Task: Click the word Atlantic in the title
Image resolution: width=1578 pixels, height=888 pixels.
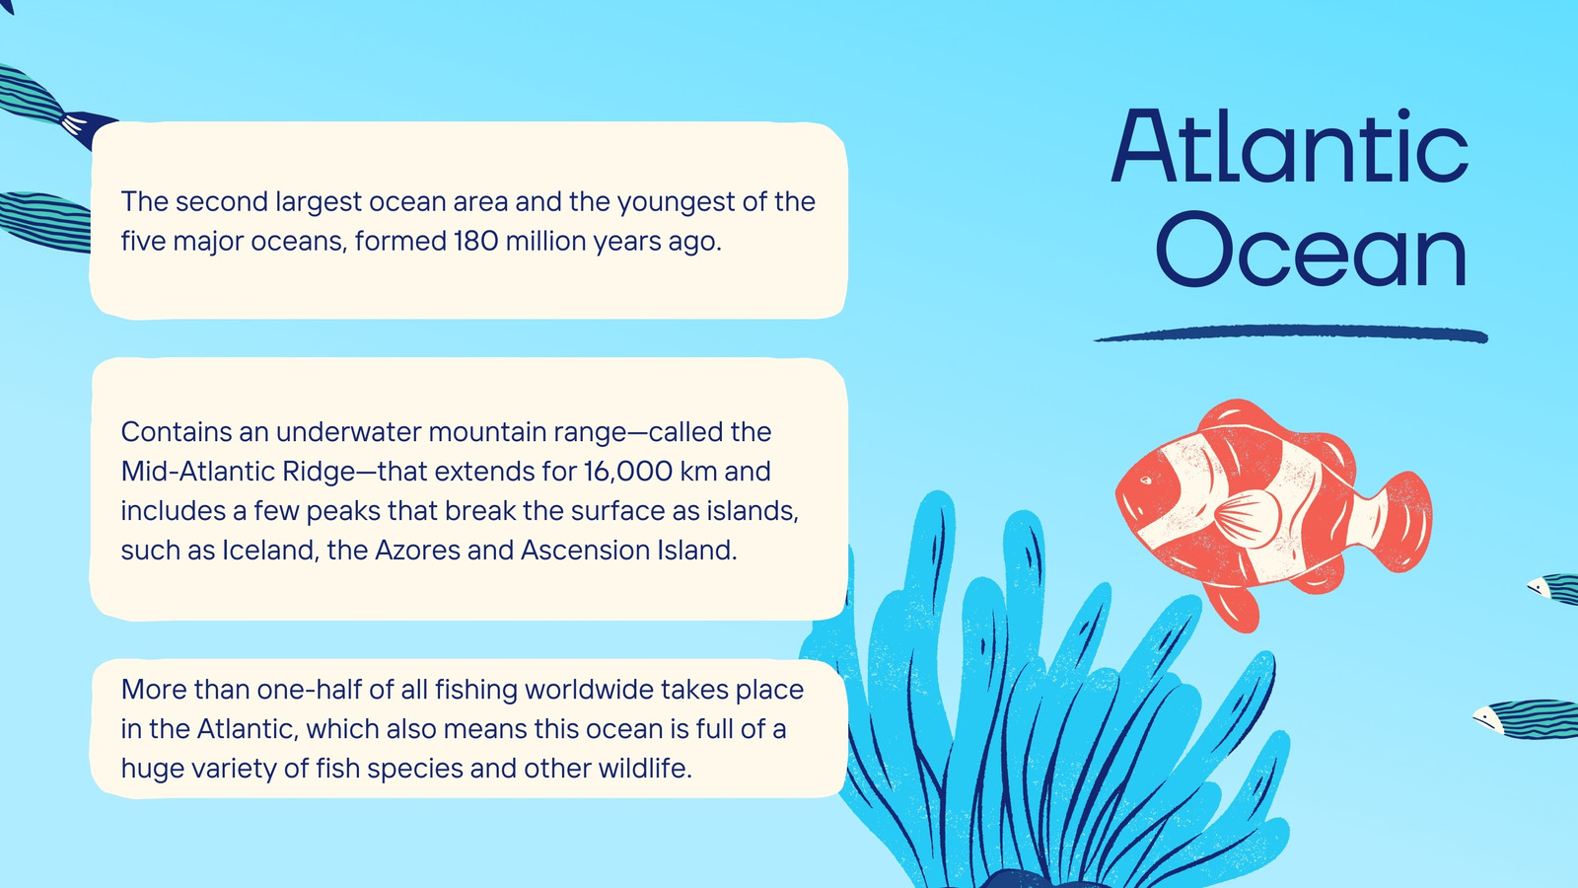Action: pos(1290,146)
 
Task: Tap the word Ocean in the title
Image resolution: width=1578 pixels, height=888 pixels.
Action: pos(1311,250)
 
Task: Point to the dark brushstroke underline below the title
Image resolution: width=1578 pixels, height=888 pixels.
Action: pos(1291,333)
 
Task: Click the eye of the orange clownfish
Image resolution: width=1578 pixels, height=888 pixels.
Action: pos(1145,481)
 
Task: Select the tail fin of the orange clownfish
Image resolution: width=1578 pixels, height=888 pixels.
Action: pos(1404,521)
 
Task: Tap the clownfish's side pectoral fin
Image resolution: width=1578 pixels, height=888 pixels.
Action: pos(1247,519)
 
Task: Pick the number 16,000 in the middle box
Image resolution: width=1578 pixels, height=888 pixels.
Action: pos(627,472)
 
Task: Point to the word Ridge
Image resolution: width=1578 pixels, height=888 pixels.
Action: pos(320,472)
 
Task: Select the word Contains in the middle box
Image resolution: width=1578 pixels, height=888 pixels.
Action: pos(177,431)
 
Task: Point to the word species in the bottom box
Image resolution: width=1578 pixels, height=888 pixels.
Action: pos(414,769)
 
